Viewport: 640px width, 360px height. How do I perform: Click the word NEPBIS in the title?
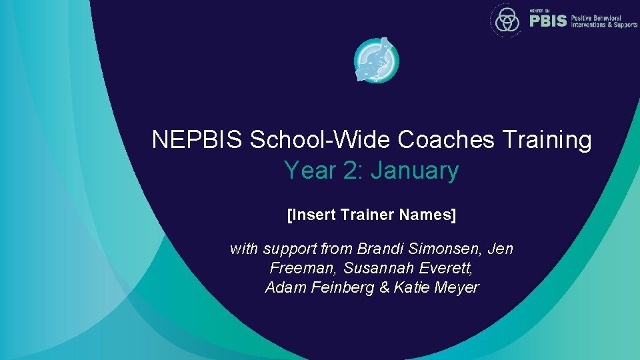click(198, 141)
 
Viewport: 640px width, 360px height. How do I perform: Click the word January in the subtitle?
click(415, 171)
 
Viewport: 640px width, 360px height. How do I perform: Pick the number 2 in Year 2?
click(349, 171)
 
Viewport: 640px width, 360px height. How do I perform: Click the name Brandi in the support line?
click(378, 249)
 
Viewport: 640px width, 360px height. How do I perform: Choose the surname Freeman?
click(303, 269)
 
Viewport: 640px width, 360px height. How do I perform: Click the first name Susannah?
click(376, 269)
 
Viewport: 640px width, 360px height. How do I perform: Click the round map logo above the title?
click(376, 60)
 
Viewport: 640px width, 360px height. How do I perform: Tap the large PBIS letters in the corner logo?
click(548, 21)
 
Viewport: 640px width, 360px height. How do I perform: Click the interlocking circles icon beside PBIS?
click(507, 20)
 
